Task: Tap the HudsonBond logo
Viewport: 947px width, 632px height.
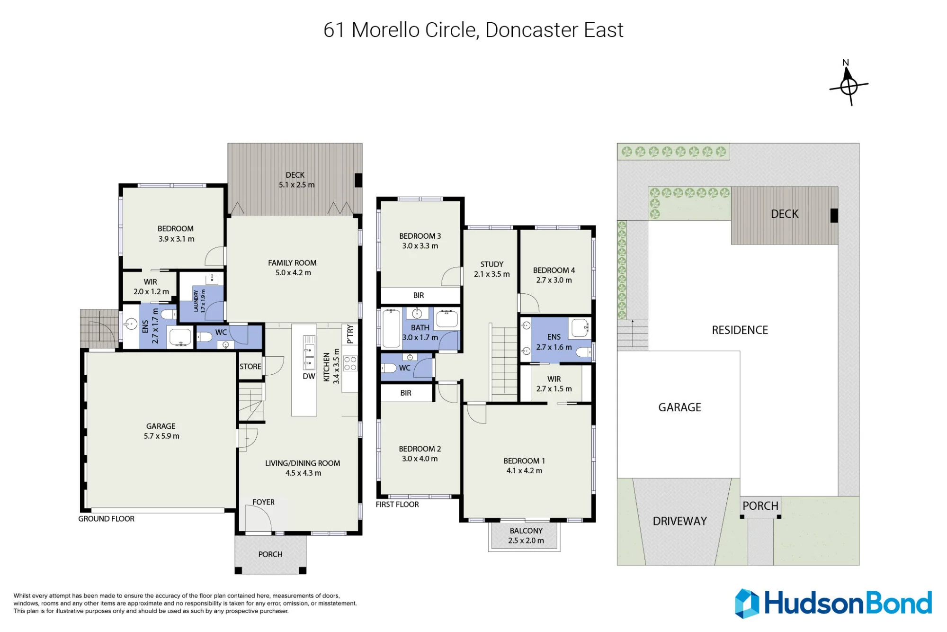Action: click(x=833, y=603)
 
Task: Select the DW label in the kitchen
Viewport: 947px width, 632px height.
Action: click(x=309, y=376)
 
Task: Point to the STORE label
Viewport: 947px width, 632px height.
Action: click(x=250, y=366)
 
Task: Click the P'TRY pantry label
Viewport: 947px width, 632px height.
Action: click(x=350, y=334)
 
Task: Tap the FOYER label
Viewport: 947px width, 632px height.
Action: click(x=263, y=502)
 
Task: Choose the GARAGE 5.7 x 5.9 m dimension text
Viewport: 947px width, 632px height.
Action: click(x=161, y=436)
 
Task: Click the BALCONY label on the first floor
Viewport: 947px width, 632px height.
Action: click(x=526, y=531)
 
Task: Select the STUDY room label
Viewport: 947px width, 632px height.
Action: click(x=492, y=264)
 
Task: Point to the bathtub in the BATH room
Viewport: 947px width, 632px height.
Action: click(x=391, y=328)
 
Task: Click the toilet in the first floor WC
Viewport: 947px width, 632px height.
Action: click(x=388, y=368)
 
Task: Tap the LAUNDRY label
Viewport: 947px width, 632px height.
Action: click(x=196, y=301)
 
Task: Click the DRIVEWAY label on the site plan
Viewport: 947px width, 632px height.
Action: click(x=679, y=521)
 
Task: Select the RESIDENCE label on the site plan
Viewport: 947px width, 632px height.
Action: click(x=740, y=330)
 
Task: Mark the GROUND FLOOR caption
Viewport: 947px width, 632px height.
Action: click(x=106, y=519)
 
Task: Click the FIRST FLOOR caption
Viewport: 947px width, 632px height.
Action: click(x=397, y=505)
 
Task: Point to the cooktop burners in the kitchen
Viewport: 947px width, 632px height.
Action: click(x=350, y=363)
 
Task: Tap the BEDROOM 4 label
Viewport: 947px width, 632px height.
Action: click(x=554, y=270)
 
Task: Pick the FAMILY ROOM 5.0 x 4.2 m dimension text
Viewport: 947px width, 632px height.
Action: click(x=293, y=273)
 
